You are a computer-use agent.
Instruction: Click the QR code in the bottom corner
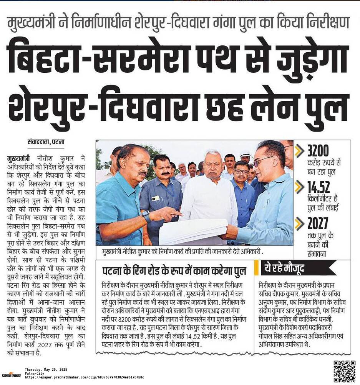coord(344,371)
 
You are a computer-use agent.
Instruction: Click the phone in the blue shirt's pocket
coord(156,198)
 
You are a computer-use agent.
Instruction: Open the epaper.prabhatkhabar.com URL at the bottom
coord(84,377)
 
